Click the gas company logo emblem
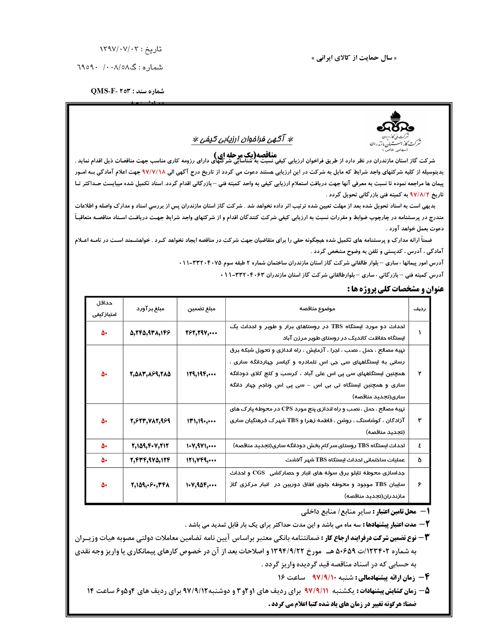click(395, 123)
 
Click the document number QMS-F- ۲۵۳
click(127, 91)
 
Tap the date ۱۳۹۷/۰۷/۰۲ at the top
click(130, 49)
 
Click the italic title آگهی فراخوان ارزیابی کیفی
click(242, 139)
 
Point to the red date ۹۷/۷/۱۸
click(154, 172)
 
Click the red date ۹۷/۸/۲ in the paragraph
click(419, 195)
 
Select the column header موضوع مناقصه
click(317, 309)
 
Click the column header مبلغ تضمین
click(201, 309)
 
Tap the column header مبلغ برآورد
click(150, 309)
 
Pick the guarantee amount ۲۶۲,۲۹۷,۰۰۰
click(201, 333)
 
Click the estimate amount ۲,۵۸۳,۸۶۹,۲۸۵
click(150, 374)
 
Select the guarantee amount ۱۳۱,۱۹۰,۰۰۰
click(201, 421)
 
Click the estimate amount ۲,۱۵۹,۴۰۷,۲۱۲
click(150, 446)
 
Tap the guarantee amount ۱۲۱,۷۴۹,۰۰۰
click(201, 460)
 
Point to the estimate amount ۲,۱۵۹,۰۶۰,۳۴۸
click(150, 485)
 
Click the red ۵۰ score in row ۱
click(104, 333)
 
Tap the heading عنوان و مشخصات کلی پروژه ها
click(395, 289)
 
